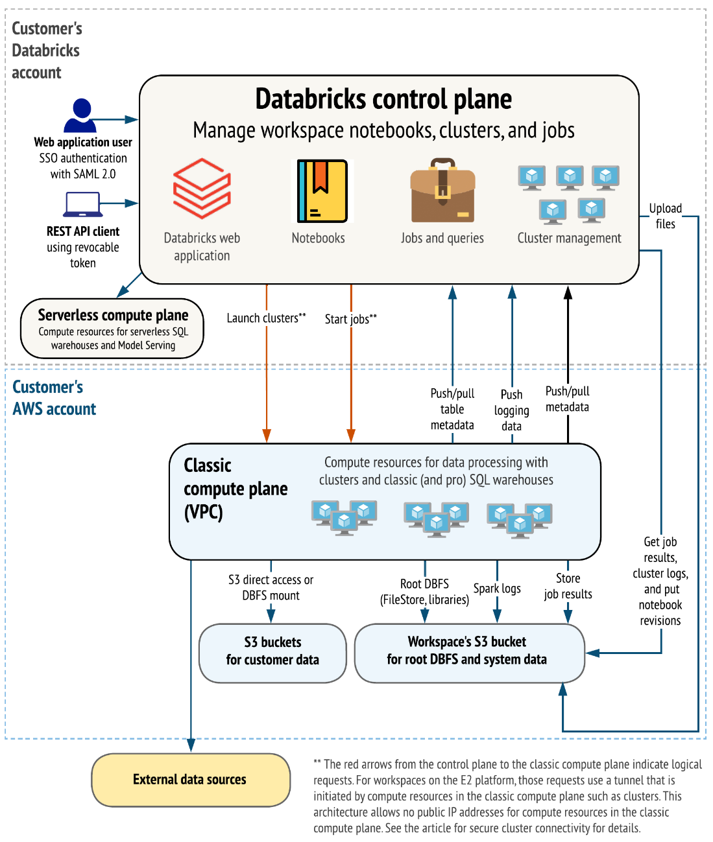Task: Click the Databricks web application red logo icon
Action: tap(202, 189)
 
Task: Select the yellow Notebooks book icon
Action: tap(322, 191)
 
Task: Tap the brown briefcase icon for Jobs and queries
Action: tap(442, 191)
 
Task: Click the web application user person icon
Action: tap(81, 115)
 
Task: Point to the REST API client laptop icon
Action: tap(82, 205)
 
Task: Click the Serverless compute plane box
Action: tap(112, 329)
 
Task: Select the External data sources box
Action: tap(190, 780)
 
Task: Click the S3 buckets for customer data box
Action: tap(272, 651)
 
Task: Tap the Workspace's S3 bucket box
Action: tap(467, 651)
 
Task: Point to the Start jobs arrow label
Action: tap(350, 319)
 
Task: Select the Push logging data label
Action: tap(511, 410)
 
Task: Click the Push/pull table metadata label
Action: tap(452, 409)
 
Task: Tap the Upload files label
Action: tap(666, 216)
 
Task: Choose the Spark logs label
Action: tap(497, 589)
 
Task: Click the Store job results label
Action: tap(568, 586)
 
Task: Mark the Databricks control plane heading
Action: tap(383, 99)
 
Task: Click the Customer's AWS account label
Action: tap(54, 398)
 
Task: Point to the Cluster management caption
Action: tap(569, 238)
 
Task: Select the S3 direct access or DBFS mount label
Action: tap(271, 587)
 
